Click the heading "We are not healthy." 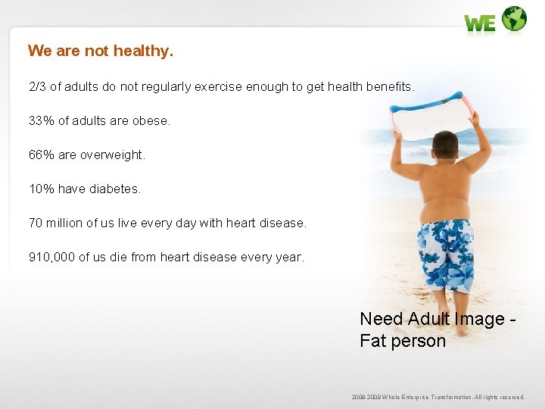click(101, 51)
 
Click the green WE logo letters click(480, 23)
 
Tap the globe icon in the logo click(514, 19)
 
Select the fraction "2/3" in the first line click(37, 86)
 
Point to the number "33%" click(41, 120)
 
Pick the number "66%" click(41, 155)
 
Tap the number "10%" click(41, 189)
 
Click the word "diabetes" click(114, 189)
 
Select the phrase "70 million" click(56, 223)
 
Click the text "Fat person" click(403, 341)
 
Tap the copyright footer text click(438, 397)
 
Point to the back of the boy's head click(445, 144)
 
